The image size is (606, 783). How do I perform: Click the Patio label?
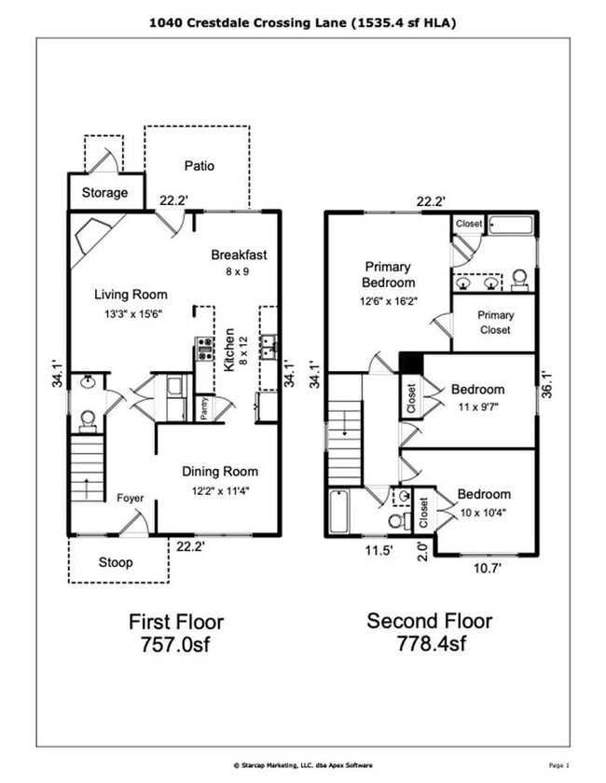coord(199,166)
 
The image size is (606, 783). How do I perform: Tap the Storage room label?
coord(104,193)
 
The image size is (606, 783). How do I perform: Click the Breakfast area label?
coord(239,254)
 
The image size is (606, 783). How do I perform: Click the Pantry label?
coord(204,409)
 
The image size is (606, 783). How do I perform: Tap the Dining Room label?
coord(220,471)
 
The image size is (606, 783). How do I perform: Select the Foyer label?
coord(130,498)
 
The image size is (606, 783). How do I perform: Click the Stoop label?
coord(116,562)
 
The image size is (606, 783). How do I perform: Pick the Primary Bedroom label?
coord(389,275)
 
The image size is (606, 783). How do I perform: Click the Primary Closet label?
coord(495,323)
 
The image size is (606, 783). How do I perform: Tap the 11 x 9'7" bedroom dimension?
coord(477,407)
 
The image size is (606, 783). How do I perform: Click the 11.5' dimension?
coord(377,551)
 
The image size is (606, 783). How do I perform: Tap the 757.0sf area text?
coord(175,643)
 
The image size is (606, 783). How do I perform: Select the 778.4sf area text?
coord(429,643)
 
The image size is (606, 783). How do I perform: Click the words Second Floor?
coord(429,621)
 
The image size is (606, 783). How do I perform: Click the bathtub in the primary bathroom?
coord(510,225)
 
